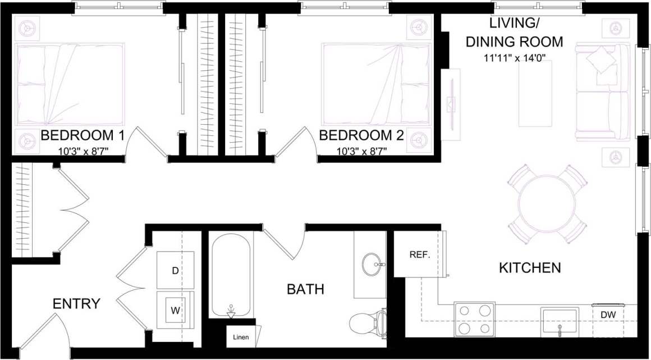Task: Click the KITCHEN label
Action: tap(530, 268)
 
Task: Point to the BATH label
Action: tap(305, 289)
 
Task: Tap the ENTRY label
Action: tap(76, 304)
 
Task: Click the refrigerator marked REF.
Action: tap(419, 254)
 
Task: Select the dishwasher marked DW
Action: tap(608, 315)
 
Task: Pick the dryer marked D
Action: tap(175, 271)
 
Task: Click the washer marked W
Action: tap(175, 309)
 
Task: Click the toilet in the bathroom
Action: tap(368, 324)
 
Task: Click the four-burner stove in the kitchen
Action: tap(474, 319)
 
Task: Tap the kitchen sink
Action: tap(559, 320)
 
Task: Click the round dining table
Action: tap(547, 203)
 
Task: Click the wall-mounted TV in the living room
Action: tap(450, 104)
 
